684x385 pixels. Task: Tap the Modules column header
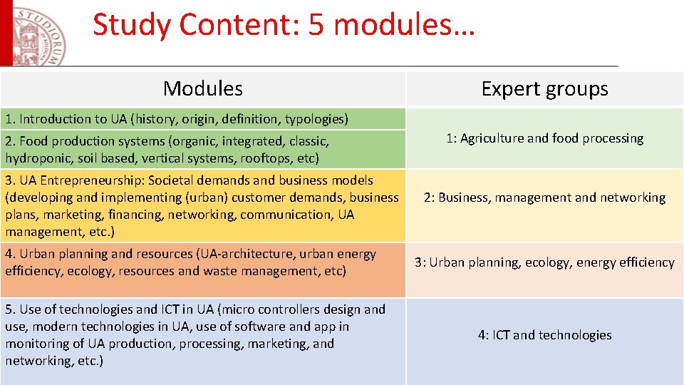pyautogui.click(x=202, y=88)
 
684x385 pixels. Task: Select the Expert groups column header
pyautogui.click(x=544, y=88)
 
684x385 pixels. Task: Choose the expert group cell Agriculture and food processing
pyautogui.click(x=544, y=138)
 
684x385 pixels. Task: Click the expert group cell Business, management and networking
pyautogui.click(x=544, y=197)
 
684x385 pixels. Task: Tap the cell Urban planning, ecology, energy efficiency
pyautogui.click(x=544, y=262)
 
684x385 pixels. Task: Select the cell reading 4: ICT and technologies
pyautogui.click(x=544, y=335)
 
